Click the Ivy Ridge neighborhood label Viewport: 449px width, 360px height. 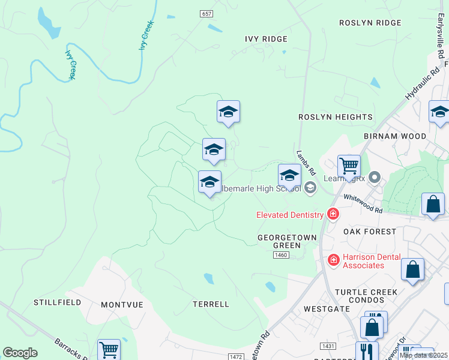(266, 39)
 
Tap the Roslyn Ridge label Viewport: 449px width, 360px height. (370, 23)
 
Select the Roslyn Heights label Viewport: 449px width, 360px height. (336, 117)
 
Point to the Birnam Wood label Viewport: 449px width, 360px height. (395, 136)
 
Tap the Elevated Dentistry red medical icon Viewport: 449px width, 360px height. (333, 214)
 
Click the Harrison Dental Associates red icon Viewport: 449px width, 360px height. (333, 259)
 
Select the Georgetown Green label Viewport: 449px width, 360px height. (286, 241)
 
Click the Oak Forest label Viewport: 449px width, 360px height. (370, 231)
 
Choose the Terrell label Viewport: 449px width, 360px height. (211, 304)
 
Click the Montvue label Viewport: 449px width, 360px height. (122, 305)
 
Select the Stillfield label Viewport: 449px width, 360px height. (58, 302)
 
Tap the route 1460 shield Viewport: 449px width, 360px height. (281, 256)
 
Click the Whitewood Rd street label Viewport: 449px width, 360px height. (363, 204)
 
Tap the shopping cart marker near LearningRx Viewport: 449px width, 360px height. (349, 165)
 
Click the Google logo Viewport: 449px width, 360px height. (20, 353)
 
